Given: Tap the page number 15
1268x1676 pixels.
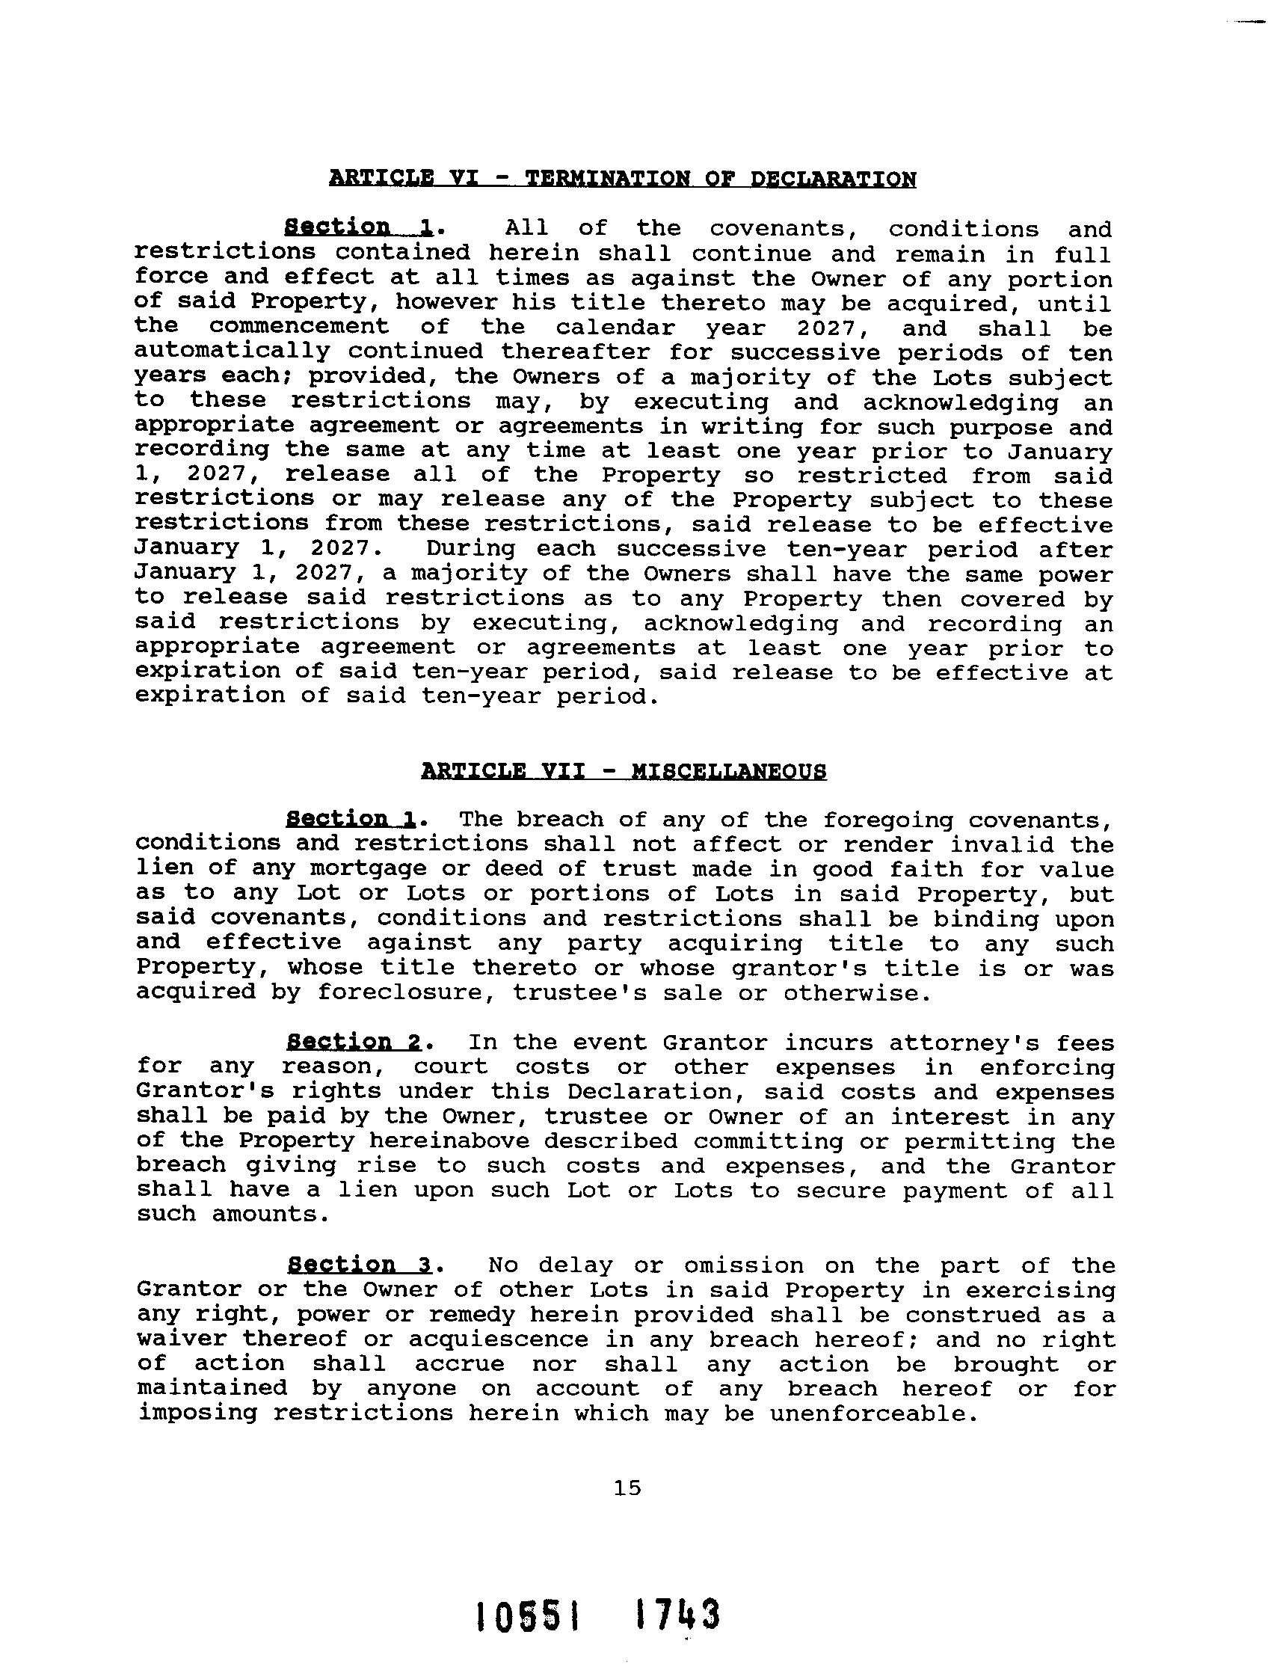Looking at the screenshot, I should point(628,1488).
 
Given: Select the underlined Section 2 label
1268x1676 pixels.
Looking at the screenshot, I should point(354,1043).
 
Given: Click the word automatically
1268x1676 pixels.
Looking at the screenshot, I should point(233,352).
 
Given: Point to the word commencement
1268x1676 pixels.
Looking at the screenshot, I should point(299,328).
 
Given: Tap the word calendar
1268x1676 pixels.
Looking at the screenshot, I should point(615,328).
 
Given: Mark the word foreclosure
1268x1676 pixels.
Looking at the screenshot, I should point(401,992).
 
